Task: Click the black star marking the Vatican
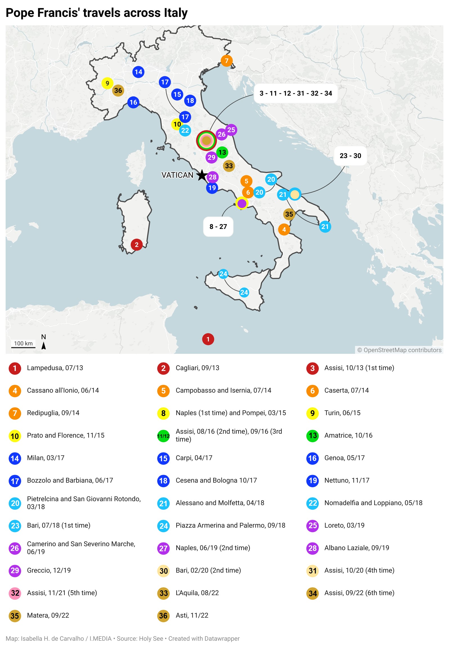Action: click(202, 175)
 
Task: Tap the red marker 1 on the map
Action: click(208, 339)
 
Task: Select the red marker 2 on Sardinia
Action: click(136, 245)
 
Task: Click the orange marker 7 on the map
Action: click(226, 61)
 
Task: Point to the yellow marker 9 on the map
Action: click(107, 83)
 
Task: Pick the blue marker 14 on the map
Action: click(138, 72)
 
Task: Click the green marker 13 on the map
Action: click(222, 152)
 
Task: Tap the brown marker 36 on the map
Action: click(118, 91)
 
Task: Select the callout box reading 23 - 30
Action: click(350, 156)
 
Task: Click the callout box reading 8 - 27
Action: click(218, 227)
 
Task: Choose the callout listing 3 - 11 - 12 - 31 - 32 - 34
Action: click(296, 93)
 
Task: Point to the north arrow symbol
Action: click(44, 345)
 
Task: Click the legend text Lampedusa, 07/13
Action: click(55, 368)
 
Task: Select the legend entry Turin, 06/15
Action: click(342, 413)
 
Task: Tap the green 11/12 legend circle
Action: click(163, 436)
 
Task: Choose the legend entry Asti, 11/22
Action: click(192, 615)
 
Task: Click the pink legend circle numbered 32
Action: click(15, 593)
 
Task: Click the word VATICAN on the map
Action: click(177, 175)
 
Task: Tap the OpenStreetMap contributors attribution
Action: click(399, 350)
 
